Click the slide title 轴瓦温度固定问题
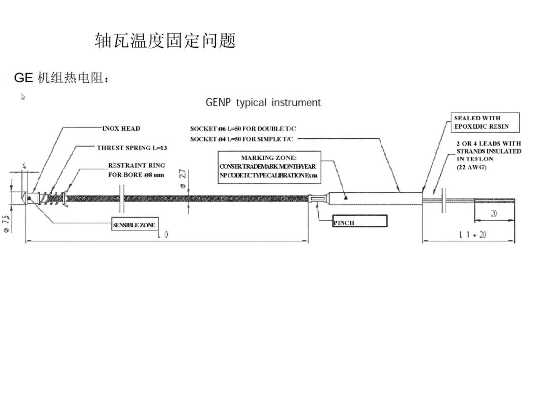point(165,41)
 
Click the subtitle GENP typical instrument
point(263,103)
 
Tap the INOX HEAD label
point(121,129)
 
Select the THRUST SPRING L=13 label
point(132,148)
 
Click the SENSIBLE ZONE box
point(134,225)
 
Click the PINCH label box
point(359,222)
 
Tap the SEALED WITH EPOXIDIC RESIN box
point(486,122)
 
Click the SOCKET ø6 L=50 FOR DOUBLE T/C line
point(243,129)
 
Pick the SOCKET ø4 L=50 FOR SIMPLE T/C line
point(242,139)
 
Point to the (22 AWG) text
point(471,167)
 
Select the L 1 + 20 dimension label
point(472,235)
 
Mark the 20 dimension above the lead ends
point(494,214)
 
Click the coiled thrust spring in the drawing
point(48,199)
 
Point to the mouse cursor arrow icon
point(23,97)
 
